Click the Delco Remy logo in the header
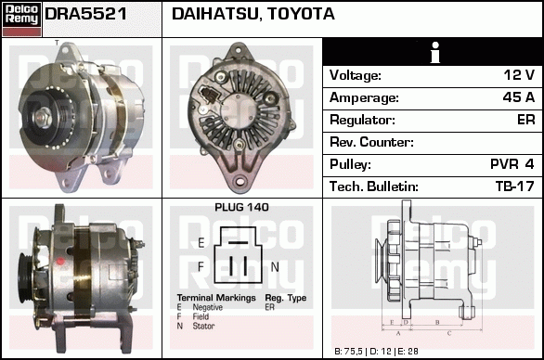(22, 19)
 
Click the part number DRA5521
(85, 14)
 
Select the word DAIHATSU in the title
(215, 14)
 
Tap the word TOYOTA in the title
(301, 14)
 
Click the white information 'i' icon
(435, 52)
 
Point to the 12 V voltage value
(519, 75)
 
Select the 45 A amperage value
(519, 97)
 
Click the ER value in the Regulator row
(526, 120)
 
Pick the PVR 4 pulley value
(512, 164)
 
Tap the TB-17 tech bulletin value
(515, 186)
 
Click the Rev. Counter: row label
(371, 142)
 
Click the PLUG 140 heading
(241, 208)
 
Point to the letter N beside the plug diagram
(275, 266)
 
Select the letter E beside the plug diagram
(201, 243)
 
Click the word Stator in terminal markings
(203, 326)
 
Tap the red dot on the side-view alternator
(60, 262)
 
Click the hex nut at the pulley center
(43, 117)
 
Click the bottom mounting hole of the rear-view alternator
(240, 181)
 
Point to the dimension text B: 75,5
(348, 352)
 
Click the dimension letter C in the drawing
(449, 334)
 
